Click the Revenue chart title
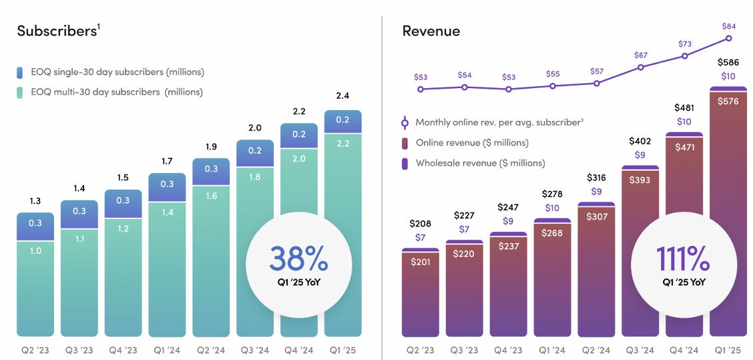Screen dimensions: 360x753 (431, 31)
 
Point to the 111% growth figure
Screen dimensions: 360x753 (683, 258)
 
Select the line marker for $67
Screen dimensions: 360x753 (641, 67)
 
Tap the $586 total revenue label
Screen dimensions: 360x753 (728, 62)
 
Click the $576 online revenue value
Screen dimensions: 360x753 (728, 101)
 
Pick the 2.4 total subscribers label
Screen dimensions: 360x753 (342, 96)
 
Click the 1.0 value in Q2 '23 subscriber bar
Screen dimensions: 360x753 (35, 250)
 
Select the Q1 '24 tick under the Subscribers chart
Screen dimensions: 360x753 (167, 349)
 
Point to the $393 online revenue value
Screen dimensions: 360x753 (640, 180)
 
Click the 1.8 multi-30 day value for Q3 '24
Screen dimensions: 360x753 (254, 177)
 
